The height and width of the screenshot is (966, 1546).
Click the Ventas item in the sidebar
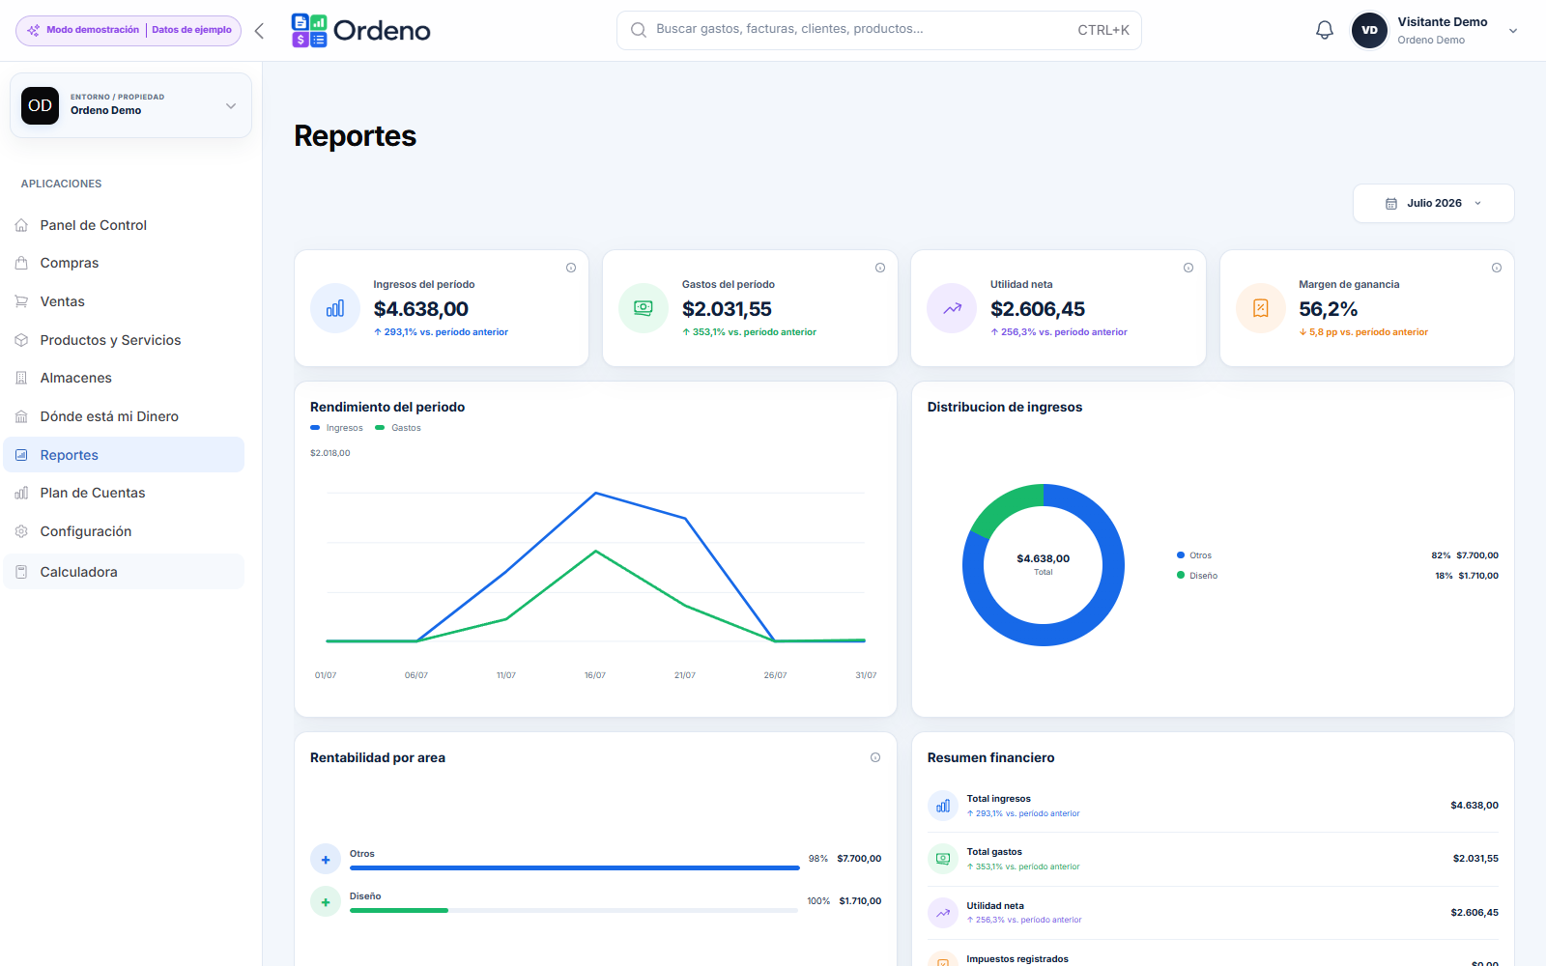pyautogui.click(x=62, y=301)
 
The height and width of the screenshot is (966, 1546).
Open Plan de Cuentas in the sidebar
pyautogui.click(x=93, y=493)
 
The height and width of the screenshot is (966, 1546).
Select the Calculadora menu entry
pyautogui.click(x=78, y=572)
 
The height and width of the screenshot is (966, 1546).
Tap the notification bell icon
pyautogui.click(x=1324, y=30)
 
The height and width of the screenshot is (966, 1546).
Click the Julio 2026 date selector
pyautogui.click(x=1434, y=203)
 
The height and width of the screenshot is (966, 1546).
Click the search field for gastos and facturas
pyautogui.click(x=878, y=30)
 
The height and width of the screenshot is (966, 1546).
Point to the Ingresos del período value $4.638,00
pyautogui.click(x=421, y=309)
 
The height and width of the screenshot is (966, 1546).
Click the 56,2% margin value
pyautogui.click(x=1328, y=309)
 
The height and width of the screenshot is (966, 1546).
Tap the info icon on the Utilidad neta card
pyautogui.click(x=1188, y=268)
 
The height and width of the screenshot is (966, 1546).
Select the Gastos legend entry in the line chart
pyautogui.click(x=398, y=428)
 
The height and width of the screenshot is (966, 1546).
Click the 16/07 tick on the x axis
pyautogui.click(x=595, y=675)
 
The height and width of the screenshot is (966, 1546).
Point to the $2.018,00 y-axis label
pyautogui.click(x=329, y=453)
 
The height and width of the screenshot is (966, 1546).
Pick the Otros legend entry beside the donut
pyautogui.click(x=1194, y=555)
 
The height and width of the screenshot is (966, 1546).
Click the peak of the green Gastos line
pyautogui.click(x=595, y=551)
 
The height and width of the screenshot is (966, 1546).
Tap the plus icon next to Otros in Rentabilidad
pyautogui.click(x=325, y=859)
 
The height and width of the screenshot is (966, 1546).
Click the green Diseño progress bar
pyautogui.click(x=399, y=911)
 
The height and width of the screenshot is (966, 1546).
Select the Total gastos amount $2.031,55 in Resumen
pyautogui.click(x=1475, y=859)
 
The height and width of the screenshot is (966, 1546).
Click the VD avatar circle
pyautogui.click(x=1369, y=30)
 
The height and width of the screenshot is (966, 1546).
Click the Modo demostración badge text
pyautogui.click(x=93, y=30)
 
